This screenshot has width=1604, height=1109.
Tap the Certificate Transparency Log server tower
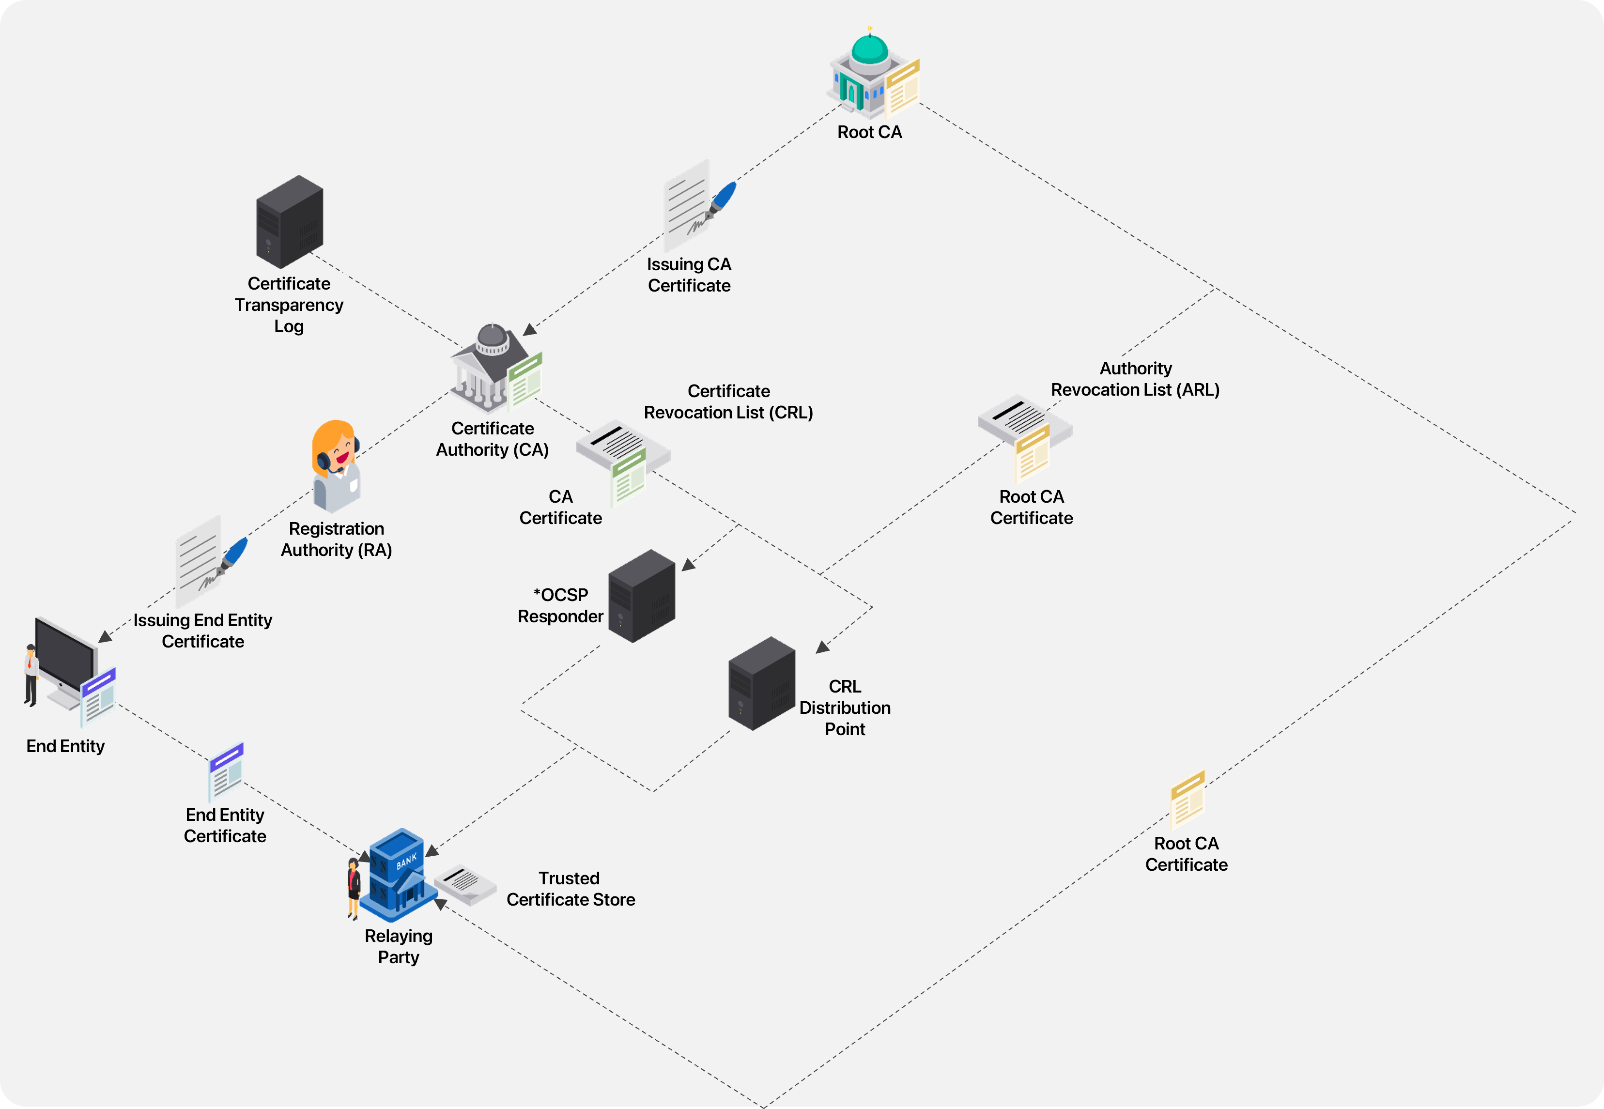click(x=289, y=222)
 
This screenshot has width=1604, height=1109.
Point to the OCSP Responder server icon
click(x=642, y=596)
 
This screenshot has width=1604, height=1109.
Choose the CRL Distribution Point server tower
click(x=762, y=684)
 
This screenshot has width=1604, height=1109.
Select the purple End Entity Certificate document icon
click(x=226, y=771)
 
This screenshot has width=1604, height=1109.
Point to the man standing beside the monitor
click(x=31, y=674)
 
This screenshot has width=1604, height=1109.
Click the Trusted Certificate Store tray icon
click(x=465, y=885)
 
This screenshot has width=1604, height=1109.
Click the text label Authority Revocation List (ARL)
click(x=1135, y=379)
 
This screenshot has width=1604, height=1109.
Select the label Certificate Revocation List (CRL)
click(x=728, y=401)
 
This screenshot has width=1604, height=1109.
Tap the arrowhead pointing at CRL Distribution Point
click(x=823, y=647)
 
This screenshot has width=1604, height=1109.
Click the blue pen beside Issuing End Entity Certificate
click(x=235, y=553)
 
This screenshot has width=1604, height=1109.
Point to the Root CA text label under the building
click(x=869, y=132)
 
